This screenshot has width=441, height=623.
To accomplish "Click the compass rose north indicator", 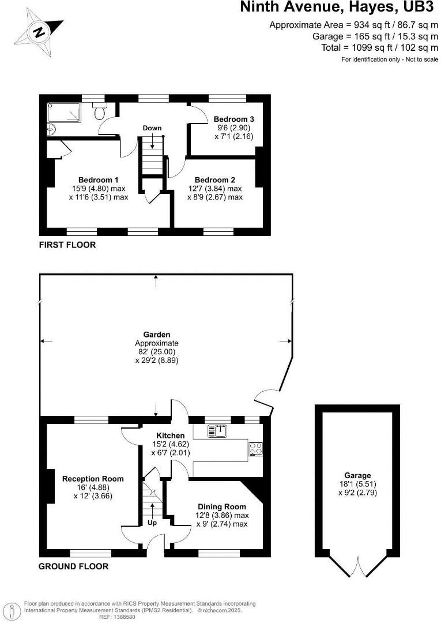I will pyautogui.click(x=39, y=32).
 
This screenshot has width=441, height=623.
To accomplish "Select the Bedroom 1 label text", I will pyautogui.click(x=99, y=179).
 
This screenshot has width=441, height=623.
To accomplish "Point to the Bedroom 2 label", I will pyautogui.click(x=214, y=179).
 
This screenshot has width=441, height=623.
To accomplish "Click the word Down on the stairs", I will pyautogui.click(x=153, y=127).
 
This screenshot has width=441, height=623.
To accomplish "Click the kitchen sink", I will pyautogui.click(x=219, y=430).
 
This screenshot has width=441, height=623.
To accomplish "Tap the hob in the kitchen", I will pyautogui.click(x=255, y=449).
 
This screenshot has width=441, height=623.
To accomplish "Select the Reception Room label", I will pyautogui.click(x=93, y=478).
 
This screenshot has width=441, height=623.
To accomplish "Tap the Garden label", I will pyautogui.click(x=157, y=334).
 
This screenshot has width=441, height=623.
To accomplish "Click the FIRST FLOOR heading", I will pyautogui.click(x=67, y=245).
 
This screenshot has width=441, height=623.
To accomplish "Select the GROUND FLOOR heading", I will pyautogui.click(x=73, y=566).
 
